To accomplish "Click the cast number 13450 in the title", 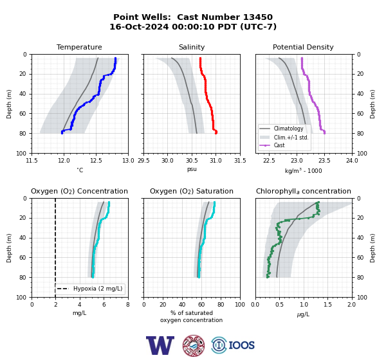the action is [258, 17].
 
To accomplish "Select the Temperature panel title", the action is [79, 47].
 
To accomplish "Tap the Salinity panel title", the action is [192, 47].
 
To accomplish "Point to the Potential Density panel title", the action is [303, 47].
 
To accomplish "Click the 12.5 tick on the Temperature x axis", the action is [96, 161].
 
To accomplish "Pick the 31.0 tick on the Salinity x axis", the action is [216, 161].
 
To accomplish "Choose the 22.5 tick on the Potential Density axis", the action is [269, 161].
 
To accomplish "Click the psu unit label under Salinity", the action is [192, 170].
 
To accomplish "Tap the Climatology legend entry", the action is [288, 129].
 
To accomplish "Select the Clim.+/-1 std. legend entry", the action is [291, 138].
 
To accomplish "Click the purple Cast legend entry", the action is [279, 145].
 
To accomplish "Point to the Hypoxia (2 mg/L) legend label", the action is [98, 289].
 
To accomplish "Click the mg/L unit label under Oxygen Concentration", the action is [79, 313].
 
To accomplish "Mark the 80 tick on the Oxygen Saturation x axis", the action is [221, 305].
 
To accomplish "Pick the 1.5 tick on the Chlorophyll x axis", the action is [328, 305].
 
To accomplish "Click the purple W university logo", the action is [160, 345].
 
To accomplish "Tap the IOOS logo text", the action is [241, 345].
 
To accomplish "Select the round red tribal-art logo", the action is [194, 345].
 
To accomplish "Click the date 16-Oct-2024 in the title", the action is [139, 26].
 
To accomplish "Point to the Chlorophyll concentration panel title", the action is [303, 191].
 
